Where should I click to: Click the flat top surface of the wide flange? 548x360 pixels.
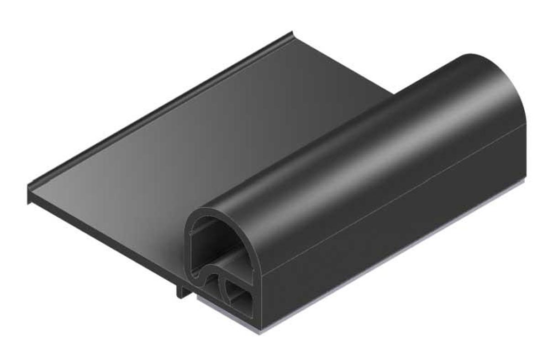pyautogui.click(x=183, y=151)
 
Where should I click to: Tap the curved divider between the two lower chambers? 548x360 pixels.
pyautogui.click(x=224, y=287)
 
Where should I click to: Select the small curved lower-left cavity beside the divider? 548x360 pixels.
pyautogui.click(x=211, y=287)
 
